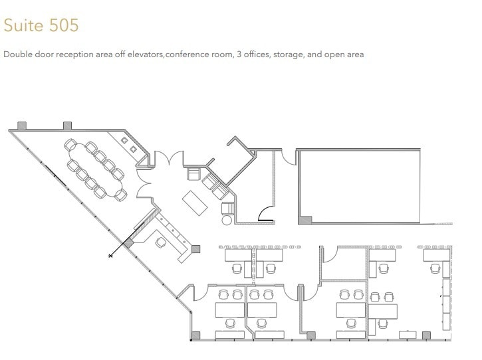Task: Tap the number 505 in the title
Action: click(x=64, y=25)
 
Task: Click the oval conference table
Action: click(x=94, y=169)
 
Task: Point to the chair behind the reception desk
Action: click(x=160, y=242)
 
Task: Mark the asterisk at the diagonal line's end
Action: click(x=111, y=254)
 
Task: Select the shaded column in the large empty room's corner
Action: click(x=305, y=220)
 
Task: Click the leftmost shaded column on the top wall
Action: click(x=21, y=125)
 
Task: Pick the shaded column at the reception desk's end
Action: click(x=196, y=249)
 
